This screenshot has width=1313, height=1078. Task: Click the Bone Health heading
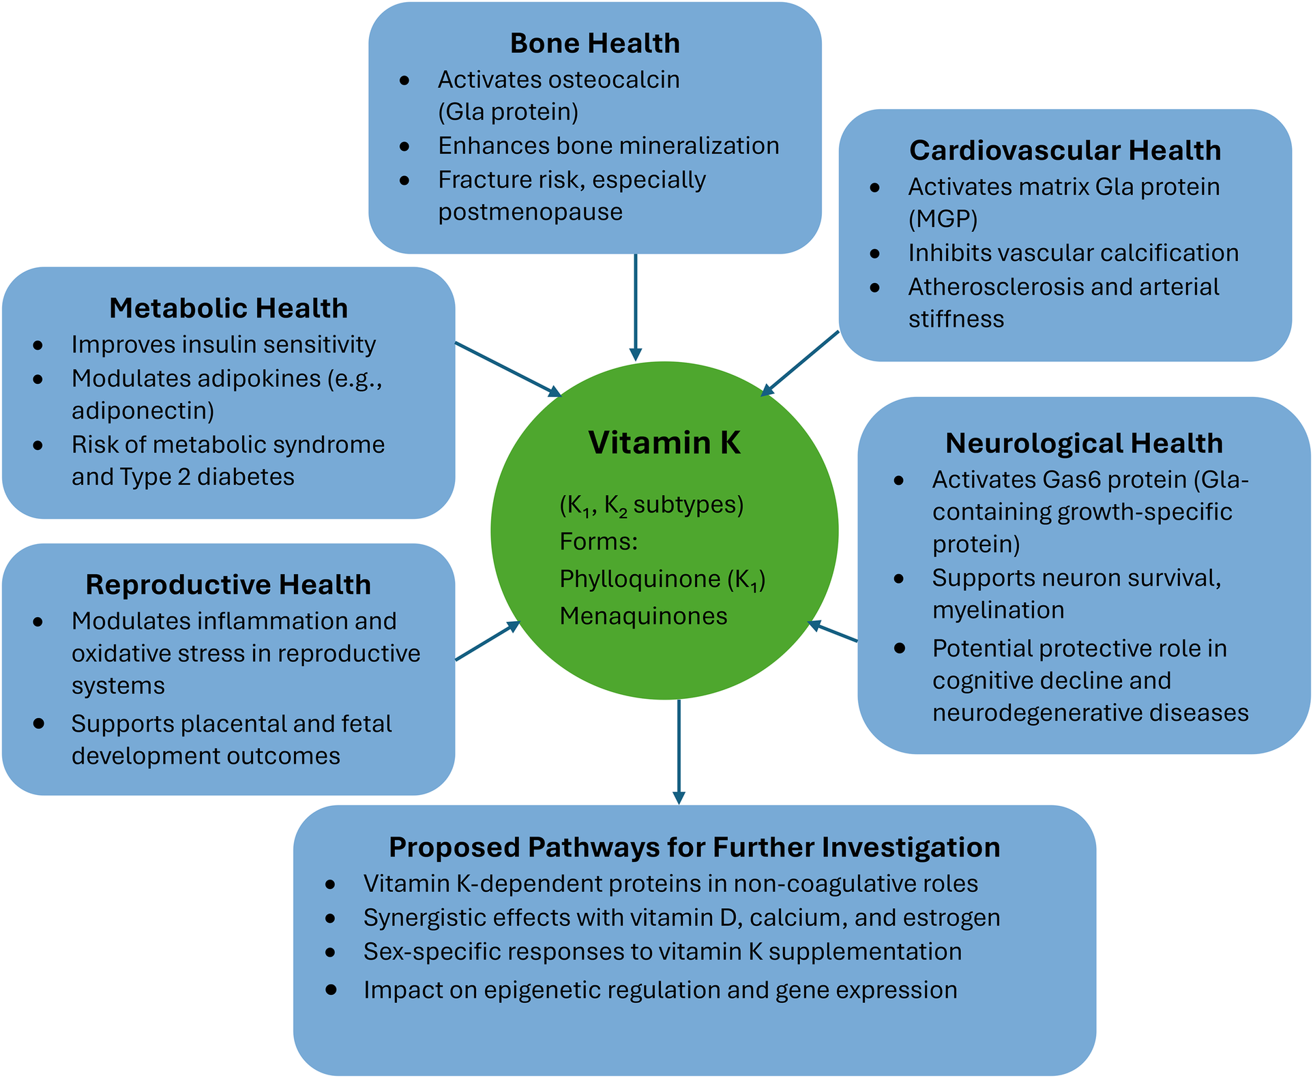click(595, 44)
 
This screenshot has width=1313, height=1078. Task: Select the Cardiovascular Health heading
click(1065, 151)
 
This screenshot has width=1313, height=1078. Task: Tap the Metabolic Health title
click(228, 308)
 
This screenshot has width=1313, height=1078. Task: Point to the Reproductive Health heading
click(228, 585)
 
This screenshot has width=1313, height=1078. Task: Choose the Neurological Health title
click(1084, 444)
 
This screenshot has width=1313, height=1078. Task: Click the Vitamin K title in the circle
click(664, 443)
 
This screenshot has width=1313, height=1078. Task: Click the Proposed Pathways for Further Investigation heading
click(694, 848)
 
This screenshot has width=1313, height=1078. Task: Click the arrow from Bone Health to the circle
click(635, 307)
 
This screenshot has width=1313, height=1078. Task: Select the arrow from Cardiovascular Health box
click(800, 363)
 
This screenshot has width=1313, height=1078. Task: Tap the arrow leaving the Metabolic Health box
click(507, 369)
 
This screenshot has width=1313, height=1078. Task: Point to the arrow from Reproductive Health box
click(487, 642)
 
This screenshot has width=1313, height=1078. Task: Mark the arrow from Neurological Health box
click(833, 632)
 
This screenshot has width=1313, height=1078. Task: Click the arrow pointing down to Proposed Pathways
click(679, 750)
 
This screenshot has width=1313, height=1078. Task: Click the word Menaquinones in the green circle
click(643, 616)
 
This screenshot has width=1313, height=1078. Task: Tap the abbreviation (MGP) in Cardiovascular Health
click(943, 220)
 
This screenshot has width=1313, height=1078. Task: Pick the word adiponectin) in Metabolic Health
click(143, 411)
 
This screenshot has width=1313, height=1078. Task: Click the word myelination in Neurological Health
click(998, 610)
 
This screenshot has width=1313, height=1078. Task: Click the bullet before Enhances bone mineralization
click(404, 147)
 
